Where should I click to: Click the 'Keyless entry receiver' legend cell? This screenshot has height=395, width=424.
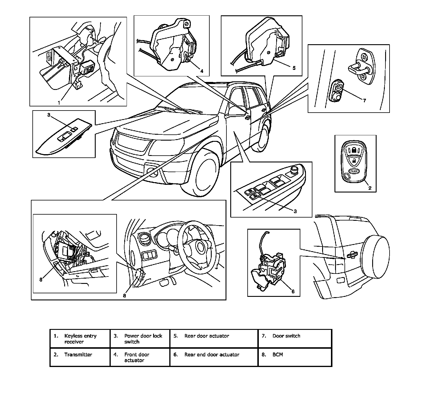tap(80, 339)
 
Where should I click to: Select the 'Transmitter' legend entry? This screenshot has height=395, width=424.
tap(78, 355)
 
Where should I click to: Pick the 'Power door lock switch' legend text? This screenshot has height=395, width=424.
tap(143, 339)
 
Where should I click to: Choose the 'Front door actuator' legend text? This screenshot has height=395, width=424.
tap(137, 357)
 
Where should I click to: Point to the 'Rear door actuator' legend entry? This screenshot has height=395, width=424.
tap(207, 336)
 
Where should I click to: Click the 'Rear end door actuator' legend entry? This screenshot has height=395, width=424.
tap(212, 355)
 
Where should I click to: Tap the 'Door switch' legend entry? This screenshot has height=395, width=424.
tap(286, 336)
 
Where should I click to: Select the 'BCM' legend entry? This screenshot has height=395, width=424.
tap(278, 355)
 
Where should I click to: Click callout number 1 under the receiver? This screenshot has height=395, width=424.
tap(59, 103)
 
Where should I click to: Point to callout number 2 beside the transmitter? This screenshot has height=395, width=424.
tap(370, 188)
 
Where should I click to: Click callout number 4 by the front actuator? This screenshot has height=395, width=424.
tap(201, 71)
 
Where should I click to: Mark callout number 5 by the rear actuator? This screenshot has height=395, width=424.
tap(294, 68)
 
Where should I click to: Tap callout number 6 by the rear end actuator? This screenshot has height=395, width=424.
tap(293, 292)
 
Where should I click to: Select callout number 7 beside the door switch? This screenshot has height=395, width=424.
tap(364, 101)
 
